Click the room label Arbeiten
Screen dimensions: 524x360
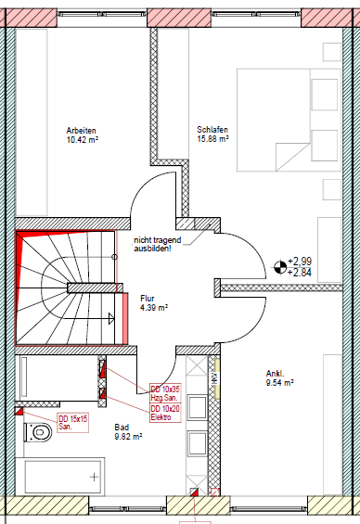82,130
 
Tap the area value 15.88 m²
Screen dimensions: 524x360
212,139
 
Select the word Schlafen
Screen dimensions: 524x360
212,130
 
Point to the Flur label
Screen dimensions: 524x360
147,298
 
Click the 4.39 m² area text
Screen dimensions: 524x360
153,307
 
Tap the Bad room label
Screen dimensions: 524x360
122,428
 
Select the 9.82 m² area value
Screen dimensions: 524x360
129,436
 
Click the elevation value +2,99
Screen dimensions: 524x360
300,262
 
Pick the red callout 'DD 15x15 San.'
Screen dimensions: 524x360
71,422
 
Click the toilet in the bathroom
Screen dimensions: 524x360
43,432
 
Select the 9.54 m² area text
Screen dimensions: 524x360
279,381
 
